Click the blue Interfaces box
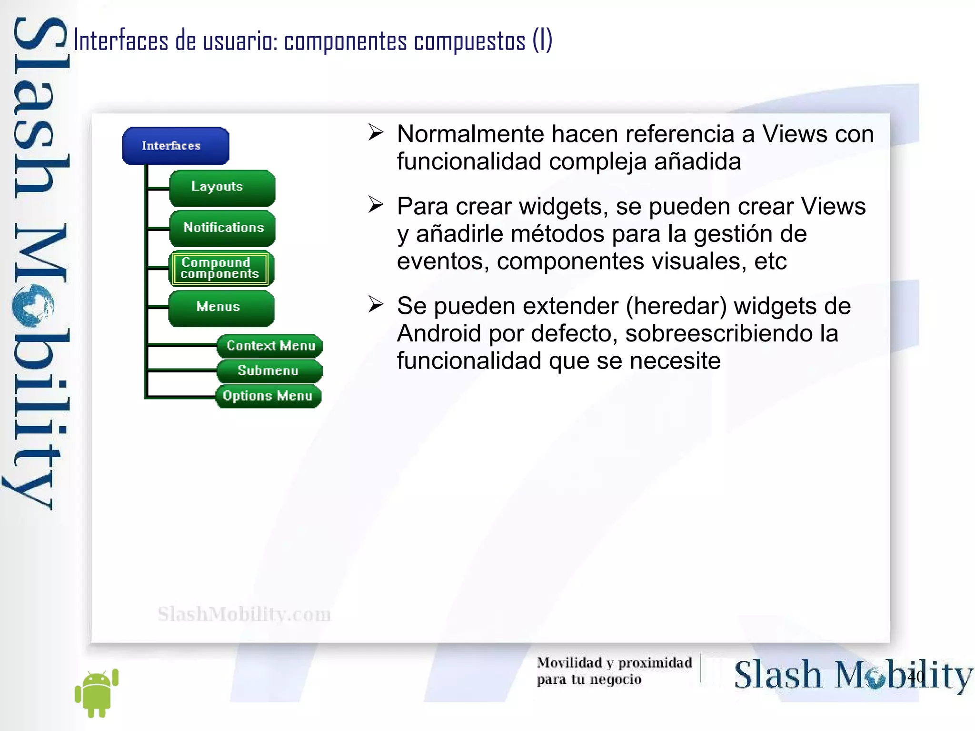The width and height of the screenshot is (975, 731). coord(175,146)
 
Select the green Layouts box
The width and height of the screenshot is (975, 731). coord(222,187)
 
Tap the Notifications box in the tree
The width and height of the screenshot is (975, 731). coord(222,228)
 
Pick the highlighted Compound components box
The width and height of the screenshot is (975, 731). coord(221,268)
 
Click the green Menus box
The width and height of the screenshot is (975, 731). coord(221,307)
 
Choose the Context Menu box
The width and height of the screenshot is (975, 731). coord(269,346)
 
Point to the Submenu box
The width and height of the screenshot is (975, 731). coord(269,371)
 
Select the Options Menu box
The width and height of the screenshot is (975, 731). coord(268,396)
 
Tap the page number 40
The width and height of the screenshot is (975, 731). coord(915,677)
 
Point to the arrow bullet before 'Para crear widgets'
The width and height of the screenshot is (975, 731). coord(376,205)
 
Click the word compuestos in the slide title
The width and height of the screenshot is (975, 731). coord(469,41)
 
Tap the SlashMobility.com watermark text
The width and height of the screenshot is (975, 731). coord(244,614)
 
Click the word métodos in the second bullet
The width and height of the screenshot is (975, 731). coord(520,234)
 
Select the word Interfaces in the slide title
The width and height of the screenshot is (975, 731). coord(121,41)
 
